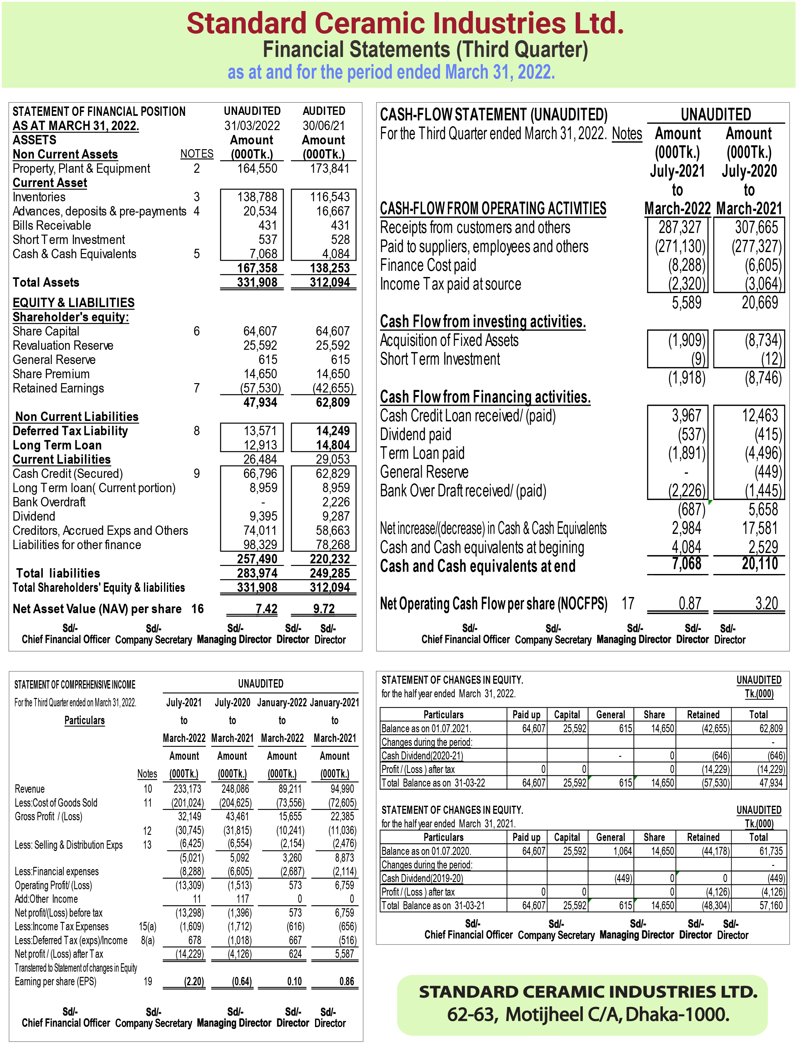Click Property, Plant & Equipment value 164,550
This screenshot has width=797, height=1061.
point(257,168)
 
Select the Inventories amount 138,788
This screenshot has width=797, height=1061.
point(257,197)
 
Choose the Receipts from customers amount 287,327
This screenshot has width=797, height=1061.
point(680,227)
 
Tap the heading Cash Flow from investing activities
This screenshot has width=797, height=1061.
point(482,321)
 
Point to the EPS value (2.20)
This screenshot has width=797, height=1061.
point(194,981)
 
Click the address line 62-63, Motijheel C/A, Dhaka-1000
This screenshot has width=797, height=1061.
point(588,1014)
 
